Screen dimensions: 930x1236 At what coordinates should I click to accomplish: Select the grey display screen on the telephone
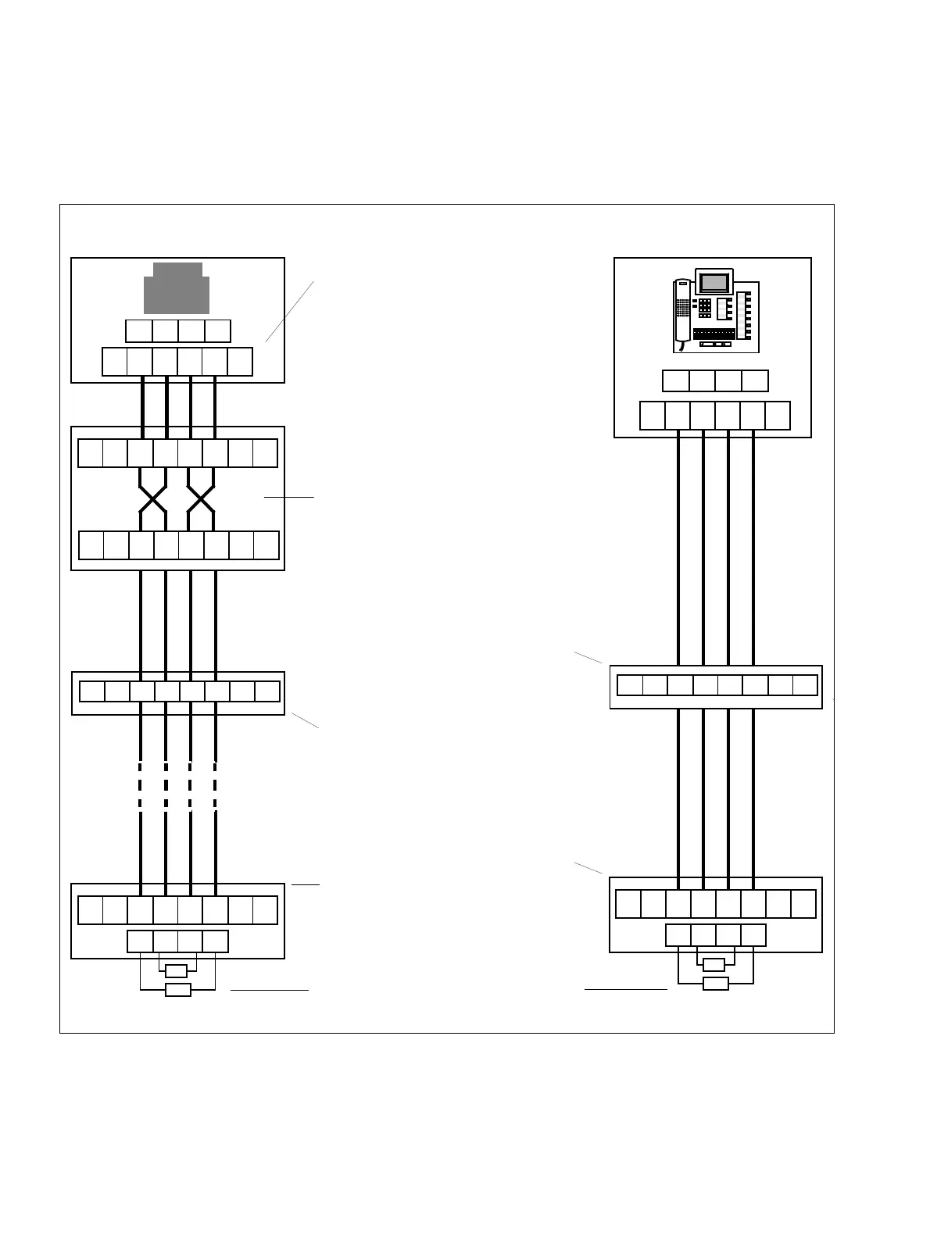click(x=714, y=282)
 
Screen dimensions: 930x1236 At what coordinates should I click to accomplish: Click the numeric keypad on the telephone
click(x=704, y=308)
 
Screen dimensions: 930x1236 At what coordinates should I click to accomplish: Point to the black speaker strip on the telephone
click(x=713, y=334)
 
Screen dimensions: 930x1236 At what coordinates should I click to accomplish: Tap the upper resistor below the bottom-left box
click(x=177, y=971)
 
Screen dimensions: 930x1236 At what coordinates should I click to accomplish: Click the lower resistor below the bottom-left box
click(x=178, y=990)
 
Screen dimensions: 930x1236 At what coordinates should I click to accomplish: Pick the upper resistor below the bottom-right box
click(x=714, y=964)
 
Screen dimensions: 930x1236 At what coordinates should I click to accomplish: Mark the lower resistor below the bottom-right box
click(x=715, y=984)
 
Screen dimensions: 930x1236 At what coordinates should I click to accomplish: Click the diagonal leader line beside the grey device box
click(x=289, y=311)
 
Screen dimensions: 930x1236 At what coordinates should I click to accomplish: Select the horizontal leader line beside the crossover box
click(x=288, y=496)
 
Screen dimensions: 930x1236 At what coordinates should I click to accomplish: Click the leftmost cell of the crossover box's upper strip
click(x=91, y=453)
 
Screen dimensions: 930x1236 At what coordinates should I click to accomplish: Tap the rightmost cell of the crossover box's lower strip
click(x=266, y=545)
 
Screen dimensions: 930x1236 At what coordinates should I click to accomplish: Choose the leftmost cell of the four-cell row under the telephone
click(x=676, y=381)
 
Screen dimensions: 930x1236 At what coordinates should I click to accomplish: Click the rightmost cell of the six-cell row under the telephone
click(x=778, y=416)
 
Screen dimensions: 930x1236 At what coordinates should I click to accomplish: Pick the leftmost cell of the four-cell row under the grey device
click(x=139, y=331)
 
